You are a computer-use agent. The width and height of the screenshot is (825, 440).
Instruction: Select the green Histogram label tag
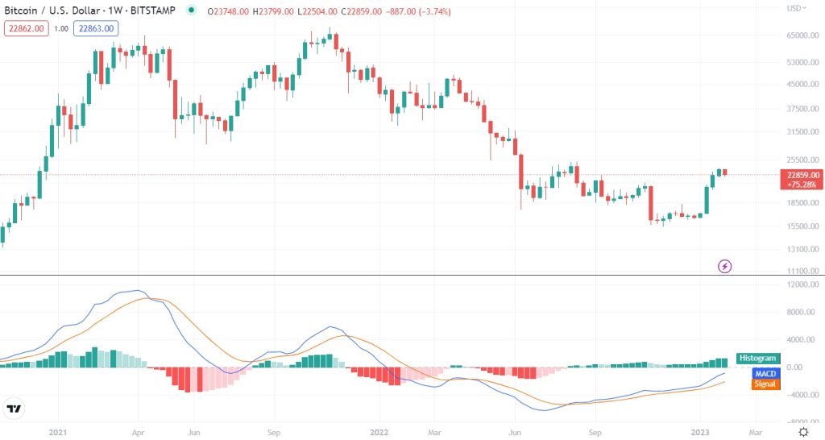[x=758, y=359]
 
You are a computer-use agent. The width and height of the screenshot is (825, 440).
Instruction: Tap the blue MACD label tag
[x=765, y=374]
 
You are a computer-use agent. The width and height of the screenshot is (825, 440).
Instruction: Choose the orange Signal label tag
[x=765, y=385]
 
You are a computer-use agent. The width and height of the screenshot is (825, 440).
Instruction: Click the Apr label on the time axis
[x=138, y=432]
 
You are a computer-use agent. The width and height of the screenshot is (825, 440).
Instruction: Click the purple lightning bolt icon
[x=725, y=265]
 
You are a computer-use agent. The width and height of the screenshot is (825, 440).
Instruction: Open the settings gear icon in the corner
[x=803, y=432]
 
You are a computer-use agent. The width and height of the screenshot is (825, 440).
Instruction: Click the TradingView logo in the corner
[x=14, y=409]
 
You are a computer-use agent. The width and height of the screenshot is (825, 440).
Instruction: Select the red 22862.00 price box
[x=27, y=28]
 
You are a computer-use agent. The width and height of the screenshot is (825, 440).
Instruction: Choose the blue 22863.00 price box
[x=97, y=28]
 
